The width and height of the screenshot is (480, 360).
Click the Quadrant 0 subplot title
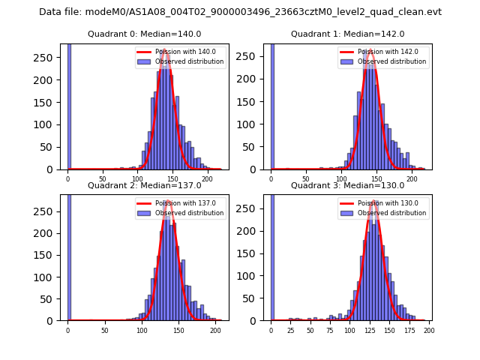[x=145, y=34]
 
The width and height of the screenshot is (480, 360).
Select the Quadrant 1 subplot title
[x=348, y=34]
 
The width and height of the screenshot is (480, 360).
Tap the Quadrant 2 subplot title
[x=145, y=185]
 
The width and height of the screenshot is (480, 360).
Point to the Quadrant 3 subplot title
[x=348, y=185]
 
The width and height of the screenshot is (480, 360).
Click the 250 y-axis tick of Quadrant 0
[x=47, y=58]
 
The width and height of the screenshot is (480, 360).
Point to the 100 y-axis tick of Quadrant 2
[x=47, y=277]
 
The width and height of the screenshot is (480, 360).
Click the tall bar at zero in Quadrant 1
[x=271, y=105]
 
